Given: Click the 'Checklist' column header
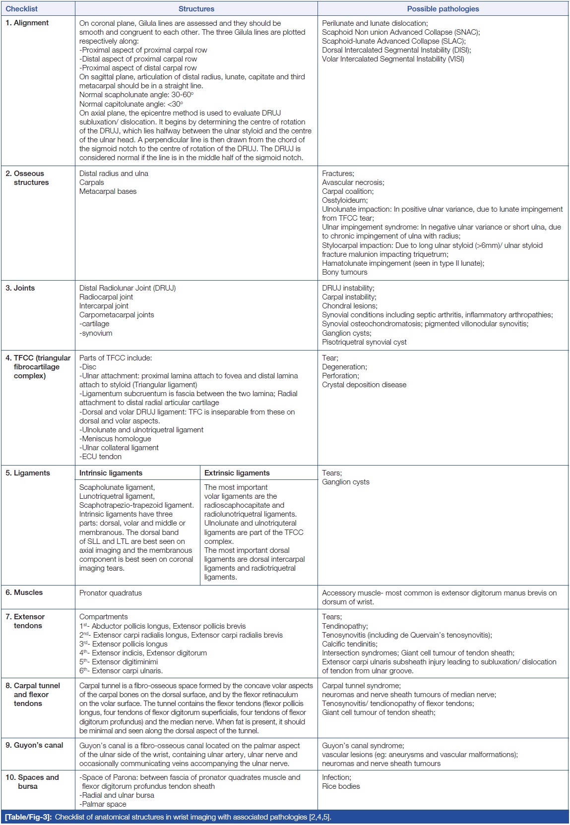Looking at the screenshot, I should point(22,9).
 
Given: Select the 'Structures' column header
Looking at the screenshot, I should point(196,9).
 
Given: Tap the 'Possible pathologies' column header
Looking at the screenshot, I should point(443,9).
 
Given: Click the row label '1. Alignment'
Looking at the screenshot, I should point(27,23).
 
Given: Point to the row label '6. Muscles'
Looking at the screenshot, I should point(24,592).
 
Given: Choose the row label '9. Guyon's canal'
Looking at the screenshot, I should point(35,745).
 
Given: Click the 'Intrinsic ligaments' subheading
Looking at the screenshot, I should point(111,473).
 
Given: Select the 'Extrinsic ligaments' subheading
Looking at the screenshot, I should point(237,473).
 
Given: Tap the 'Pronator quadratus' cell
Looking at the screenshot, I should point(111,593).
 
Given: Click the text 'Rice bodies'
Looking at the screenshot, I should point(341,786).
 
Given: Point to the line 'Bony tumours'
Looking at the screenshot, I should point(345,272).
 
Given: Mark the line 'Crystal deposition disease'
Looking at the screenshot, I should point(364,385).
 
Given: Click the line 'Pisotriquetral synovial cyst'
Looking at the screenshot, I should point(364,342).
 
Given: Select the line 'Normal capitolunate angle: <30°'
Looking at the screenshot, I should point(131,104).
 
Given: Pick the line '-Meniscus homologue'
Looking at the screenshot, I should point(115,439).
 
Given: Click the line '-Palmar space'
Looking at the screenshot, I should point(103,804).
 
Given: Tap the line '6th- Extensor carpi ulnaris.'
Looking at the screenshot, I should point(121,671).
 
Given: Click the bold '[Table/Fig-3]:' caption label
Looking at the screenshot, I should point(28,817).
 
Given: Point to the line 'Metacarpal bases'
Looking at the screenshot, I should point(108,191).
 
